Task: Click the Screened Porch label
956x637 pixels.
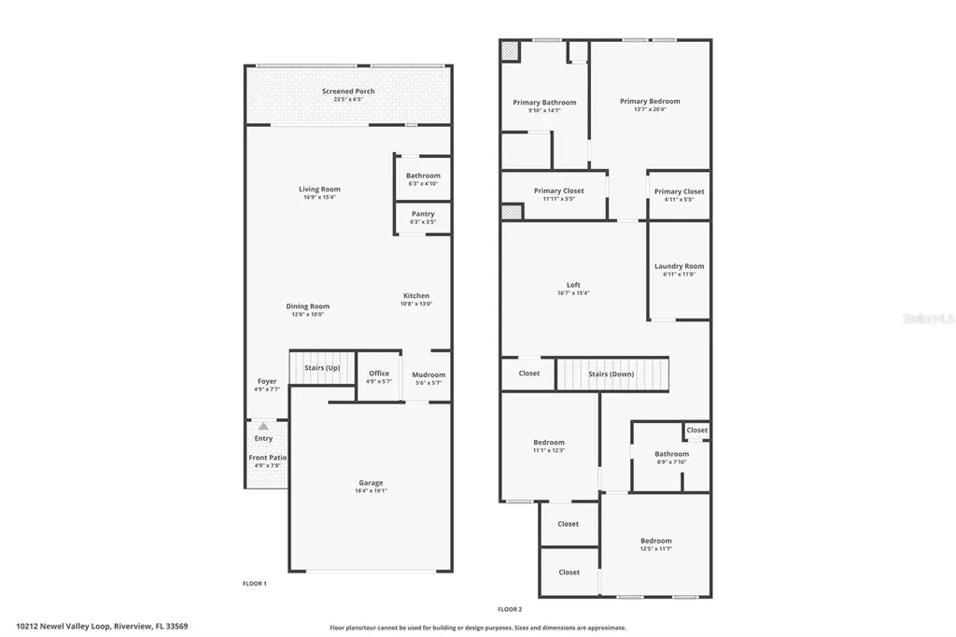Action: (348, 92)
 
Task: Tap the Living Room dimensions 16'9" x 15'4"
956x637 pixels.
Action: (319, 197)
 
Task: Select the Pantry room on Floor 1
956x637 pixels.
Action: (423, 218)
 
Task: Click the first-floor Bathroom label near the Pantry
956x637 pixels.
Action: (423, 176)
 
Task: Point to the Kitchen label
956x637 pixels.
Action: (416, 296)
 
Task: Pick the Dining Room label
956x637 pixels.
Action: (307, 306)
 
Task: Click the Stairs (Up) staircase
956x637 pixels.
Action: (322, 368)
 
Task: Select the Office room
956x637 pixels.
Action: (378, 376)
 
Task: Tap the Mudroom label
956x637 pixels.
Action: (429, 375)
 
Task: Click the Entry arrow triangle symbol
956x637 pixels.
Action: (263, 426)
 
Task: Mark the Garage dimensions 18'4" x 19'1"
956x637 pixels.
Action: (371, 490)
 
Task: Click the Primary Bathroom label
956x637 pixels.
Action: (544, 103)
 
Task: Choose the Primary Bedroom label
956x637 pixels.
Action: (650, 102)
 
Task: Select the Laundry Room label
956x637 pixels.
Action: (679, 266)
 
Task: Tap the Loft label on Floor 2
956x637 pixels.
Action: (573, 285)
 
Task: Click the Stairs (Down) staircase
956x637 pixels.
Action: (612, 374)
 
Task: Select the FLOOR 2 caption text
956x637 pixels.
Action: (509, 609)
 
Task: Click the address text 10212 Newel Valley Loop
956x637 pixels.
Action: (63, 627)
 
